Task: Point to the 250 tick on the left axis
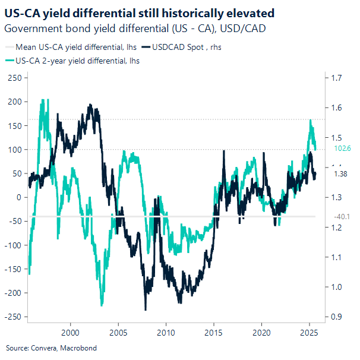[x=14, y=78]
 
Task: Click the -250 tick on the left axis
[x=13, y=317]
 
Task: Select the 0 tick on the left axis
[x=18, y=197]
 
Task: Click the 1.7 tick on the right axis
[x=337, y=78]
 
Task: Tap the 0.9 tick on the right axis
[x=337, y=317]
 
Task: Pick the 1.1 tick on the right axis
[x=337, y=257]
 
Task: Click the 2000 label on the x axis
[x=70, y=331]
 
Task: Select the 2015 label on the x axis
[x=214, y=331]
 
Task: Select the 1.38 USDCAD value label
[x=340, y=173]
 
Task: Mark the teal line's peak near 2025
[x=311, y=120]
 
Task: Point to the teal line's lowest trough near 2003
[x=102, y=305]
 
